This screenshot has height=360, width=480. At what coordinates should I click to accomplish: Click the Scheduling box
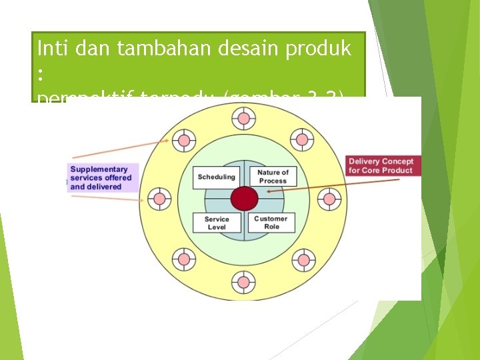[217, 177]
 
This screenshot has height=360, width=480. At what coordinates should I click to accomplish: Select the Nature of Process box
[273, 177]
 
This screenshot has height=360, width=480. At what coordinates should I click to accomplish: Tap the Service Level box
[217, 223]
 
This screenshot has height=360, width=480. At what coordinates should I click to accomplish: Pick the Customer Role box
[271, 223]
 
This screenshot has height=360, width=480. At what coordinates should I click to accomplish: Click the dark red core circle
[244, 199]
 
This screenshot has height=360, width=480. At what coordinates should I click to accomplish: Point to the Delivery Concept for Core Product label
[381, 165]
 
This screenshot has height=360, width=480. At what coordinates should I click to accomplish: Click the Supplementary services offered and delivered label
[101, 178]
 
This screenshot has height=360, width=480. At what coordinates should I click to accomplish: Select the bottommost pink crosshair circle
[243, 282]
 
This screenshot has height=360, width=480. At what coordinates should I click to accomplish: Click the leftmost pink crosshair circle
[158, 199]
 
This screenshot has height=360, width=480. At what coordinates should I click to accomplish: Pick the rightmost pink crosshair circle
[329, 199]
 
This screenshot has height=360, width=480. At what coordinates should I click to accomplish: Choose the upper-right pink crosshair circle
[303, 141]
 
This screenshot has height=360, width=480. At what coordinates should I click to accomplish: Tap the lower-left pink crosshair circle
[184, 258]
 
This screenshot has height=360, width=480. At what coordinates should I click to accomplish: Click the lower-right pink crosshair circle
[303, 259]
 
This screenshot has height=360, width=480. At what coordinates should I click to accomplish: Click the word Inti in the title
[51, 48]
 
